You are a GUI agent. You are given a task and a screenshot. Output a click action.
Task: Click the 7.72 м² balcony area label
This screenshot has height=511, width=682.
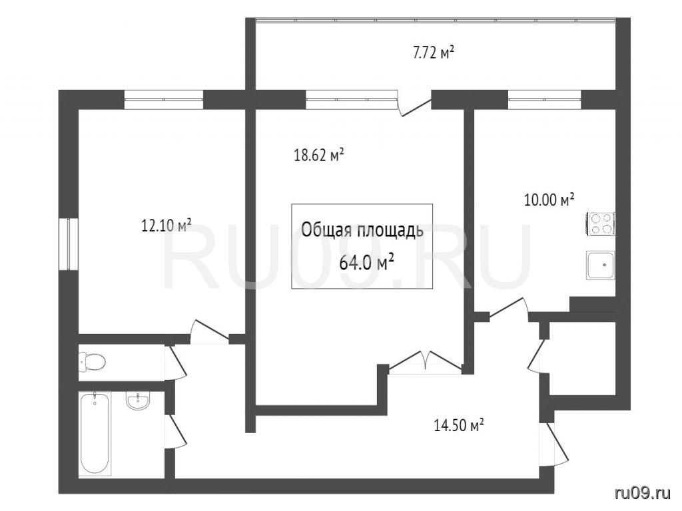(433, 53)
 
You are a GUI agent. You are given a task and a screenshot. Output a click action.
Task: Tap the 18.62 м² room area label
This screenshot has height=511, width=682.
(319, 155)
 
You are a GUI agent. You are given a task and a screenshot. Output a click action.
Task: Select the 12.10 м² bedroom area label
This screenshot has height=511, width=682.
(167, 226)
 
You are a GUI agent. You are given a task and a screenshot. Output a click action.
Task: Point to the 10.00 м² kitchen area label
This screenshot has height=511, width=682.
(549, 200)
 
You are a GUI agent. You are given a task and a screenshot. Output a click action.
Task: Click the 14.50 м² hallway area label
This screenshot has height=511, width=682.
(460, 425)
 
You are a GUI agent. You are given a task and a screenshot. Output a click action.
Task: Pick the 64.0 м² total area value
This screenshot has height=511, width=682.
(367, 262)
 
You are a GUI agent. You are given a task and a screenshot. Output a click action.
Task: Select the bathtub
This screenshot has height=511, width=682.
(95, 434)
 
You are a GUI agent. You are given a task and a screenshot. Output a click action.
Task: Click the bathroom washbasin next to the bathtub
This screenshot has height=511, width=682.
(138, 401)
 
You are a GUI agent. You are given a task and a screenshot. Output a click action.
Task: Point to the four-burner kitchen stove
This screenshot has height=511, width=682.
(601, 224)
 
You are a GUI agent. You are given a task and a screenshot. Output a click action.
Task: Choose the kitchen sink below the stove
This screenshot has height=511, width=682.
(601, 265)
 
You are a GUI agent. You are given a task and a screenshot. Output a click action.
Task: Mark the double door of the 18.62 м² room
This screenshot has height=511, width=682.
(425, 361)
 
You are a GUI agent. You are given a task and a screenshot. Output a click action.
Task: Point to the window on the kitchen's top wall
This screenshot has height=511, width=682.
(545, 100)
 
